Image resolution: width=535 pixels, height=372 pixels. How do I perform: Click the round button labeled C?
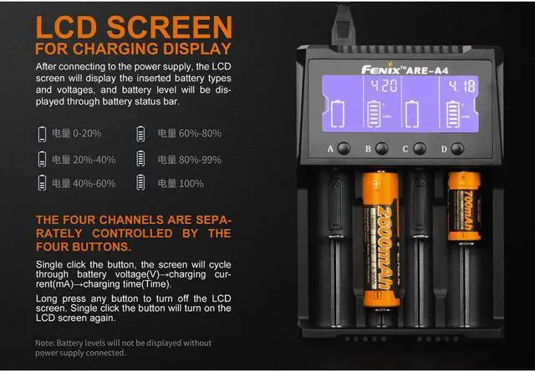(420, 148)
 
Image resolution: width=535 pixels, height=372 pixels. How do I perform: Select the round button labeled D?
(457, 148)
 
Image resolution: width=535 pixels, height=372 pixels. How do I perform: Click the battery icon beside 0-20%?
(42, 134)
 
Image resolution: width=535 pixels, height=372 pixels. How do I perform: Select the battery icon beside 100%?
(140, 183)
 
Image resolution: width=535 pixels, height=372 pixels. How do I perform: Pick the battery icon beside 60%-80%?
(140, 134)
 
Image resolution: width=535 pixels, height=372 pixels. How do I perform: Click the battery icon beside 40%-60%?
(42, 183)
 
